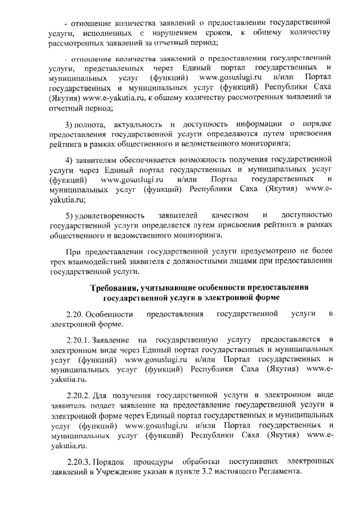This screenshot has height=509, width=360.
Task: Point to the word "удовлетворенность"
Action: coord(111,215)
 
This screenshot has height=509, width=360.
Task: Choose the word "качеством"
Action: coord(230,215)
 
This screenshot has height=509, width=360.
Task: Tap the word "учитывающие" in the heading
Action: coord(176,288)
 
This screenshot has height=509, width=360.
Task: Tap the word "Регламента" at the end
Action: coord(274,471)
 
